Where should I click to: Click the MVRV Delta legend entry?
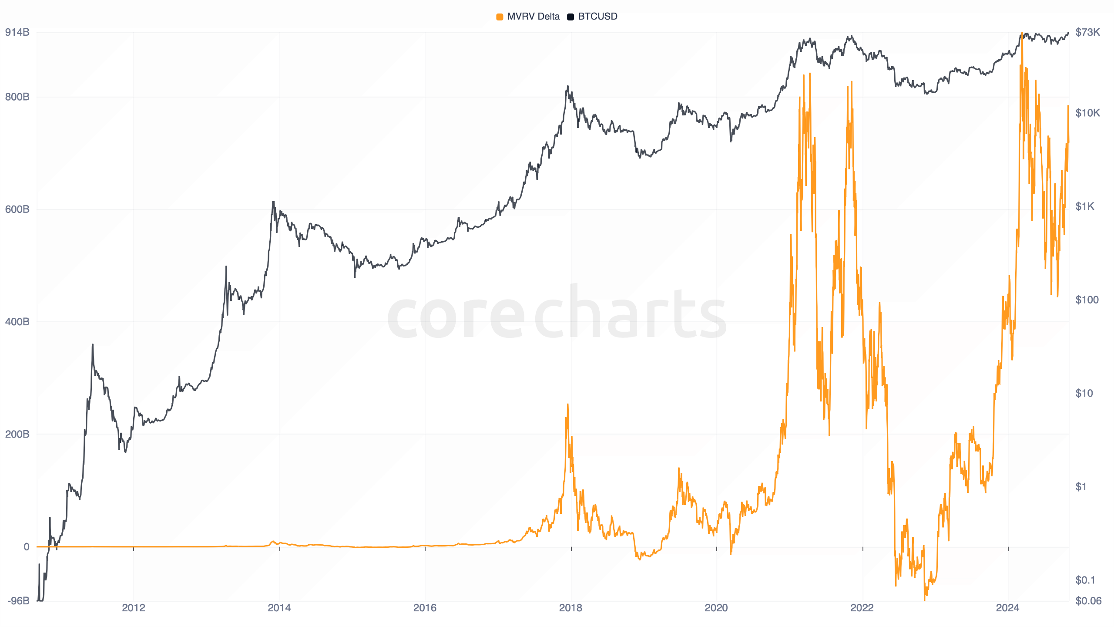[x=528, y=17]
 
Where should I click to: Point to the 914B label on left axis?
[x=17, y=32]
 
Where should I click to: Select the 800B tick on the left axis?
[x=17, y=97]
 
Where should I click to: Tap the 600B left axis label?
[x=17, y=209]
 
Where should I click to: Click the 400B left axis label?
[x=17, y=322]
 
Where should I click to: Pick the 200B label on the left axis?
[x=17, y=434]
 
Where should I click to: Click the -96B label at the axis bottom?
[x=18, y=601]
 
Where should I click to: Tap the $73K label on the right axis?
[x=1087, y=32]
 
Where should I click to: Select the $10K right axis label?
[x=1087, y=113]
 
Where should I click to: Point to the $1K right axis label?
[x=1085, y=206]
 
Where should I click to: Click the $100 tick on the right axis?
[x=1087, y=300]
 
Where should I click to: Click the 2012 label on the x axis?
[x=134, y=608]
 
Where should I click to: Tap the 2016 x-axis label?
[x=425, y=608]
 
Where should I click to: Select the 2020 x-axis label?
[x=716, y=608]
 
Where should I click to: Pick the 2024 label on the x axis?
[x=1008, y=608]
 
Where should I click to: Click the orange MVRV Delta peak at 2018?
[x=567, y=405]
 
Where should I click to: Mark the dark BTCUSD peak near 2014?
[x=273, y=202]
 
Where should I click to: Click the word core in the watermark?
[x=456, y=316]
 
